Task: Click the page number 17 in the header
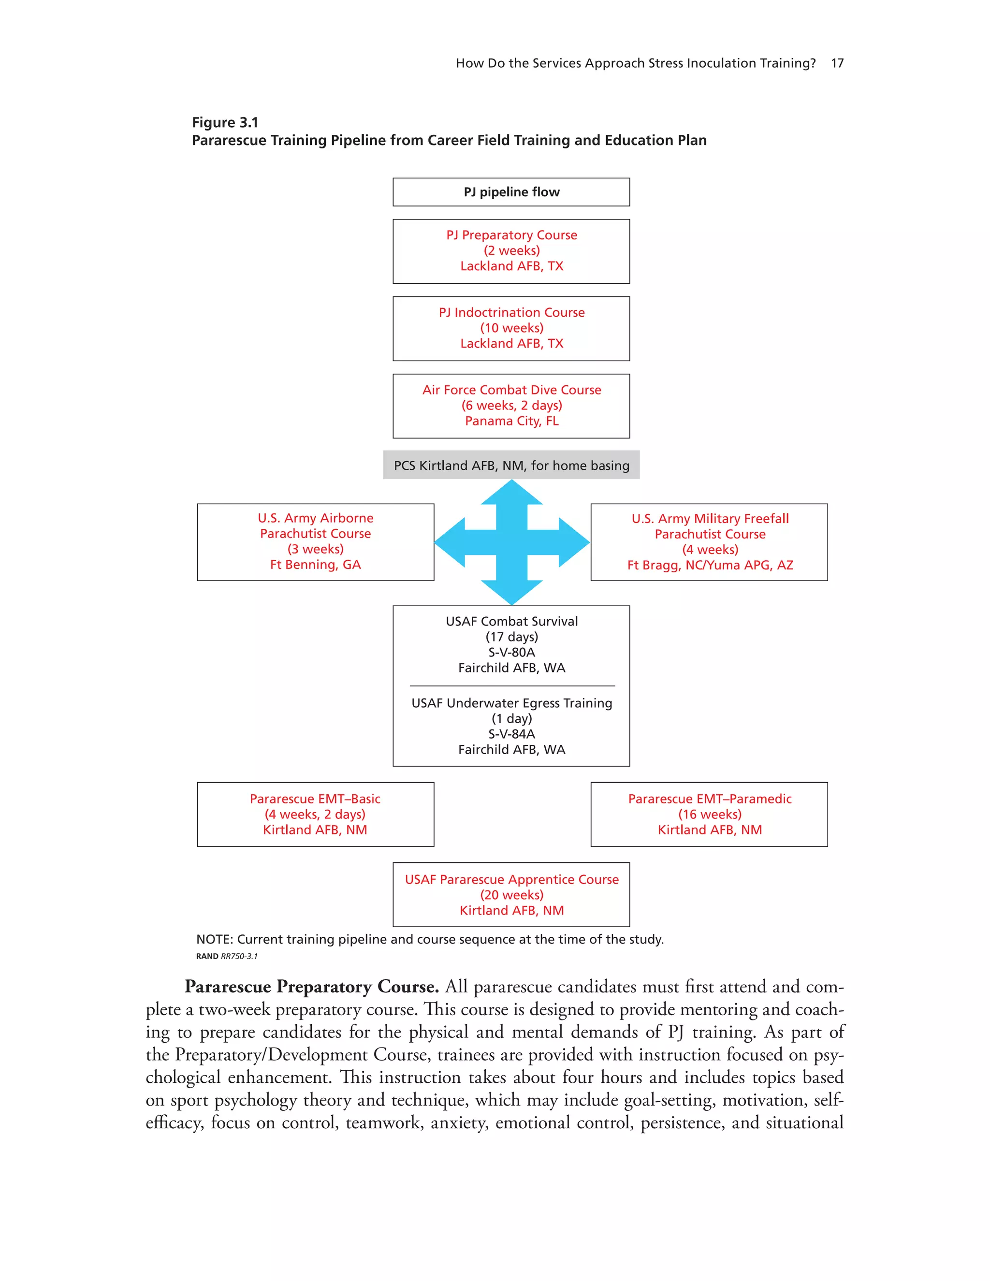(x=837, y=63)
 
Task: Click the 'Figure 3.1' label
(x=225, y=123)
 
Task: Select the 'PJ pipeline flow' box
(x=511, y=192)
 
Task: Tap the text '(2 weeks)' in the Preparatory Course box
(x=511, y=250)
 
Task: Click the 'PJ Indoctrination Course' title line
(x=511, y=313)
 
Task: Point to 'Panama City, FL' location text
(x=511, y=421)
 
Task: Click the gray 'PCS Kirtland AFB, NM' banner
(x=511, y=466)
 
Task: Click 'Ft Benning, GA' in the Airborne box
(x=316, y=565)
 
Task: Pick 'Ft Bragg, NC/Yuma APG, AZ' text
(x=710, y=566)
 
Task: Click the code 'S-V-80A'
(x=511, y=652)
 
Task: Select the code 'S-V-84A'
(x=511, y=734)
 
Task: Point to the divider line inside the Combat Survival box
(x=511, y=685)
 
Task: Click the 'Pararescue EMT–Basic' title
(x=316, y=799)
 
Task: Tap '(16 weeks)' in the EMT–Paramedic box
(x=710, y=814)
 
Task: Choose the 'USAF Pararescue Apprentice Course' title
(x=511, y=880)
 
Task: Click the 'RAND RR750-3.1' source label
(x=226, y=956)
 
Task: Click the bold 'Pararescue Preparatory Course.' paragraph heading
(x=311, y=987)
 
